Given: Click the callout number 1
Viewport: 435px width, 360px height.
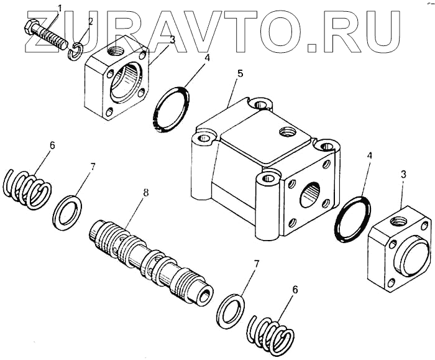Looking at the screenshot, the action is tap(60, 7).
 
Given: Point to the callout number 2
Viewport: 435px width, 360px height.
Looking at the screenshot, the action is tap(91, 21).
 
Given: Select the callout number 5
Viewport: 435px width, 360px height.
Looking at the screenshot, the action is tap(240, 73).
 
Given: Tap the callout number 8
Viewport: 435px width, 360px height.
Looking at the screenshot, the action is tap(146, 193).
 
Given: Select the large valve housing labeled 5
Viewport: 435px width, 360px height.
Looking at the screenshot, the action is tap(261, 168).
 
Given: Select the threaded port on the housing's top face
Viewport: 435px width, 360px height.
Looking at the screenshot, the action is tap(286, 132).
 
